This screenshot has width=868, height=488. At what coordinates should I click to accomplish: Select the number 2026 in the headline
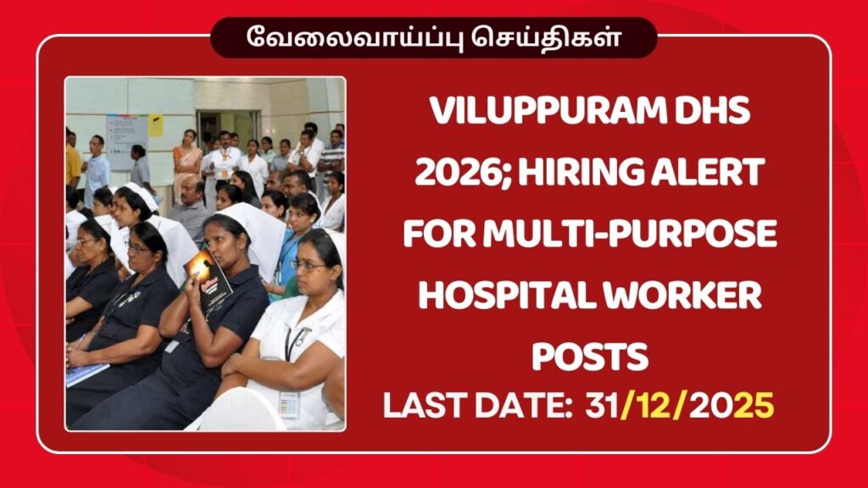coord(453,175)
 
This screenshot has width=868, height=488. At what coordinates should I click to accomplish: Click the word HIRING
coord(579,175)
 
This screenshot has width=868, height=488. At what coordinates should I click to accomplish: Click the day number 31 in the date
coord(601,407)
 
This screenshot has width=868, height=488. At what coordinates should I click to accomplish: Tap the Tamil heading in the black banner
coord(433,38)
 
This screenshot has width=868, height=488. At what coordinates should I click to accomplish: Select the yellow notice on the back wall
coord(156,125)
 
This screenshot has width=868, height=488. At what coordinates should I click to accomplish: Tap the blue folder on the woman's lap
coord(86,373)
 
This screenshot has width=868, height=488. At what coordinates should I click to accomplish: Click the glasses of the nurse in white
coord(308,265)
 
